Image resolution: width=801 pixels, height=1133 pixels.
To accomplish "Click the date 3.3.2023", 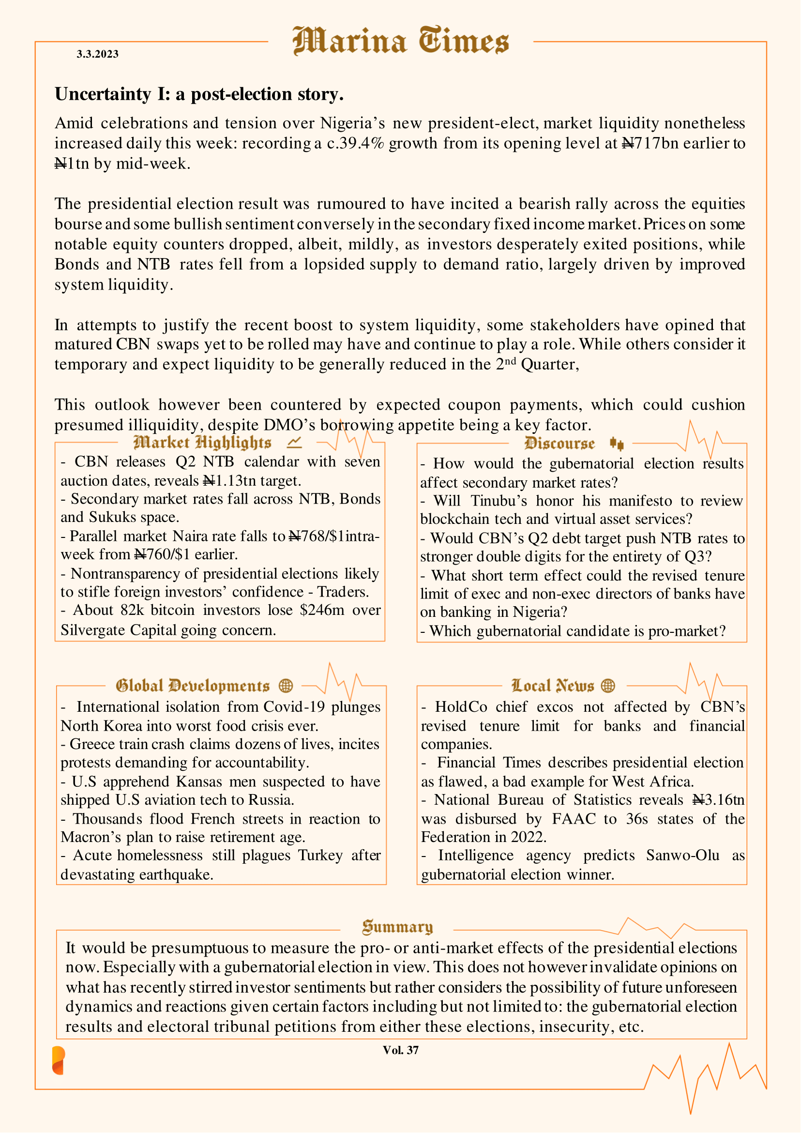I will (x=97, y=54).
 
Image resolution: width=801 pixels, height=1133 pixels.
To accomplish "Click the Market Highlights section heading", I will (x=202, y=443).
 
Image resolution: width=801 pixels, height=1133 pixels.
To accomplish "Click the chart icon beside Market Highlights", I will (x=294, y=443).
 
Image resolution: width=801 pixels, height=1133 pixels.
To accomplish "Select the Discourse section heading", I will (x=559, y=444).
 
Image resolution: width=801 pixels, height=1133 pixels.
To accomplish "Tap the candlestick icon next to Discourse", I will (x=617, y=444).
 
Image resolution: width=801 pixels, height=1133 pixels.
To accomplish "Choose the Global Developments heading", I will (x=192, y=686).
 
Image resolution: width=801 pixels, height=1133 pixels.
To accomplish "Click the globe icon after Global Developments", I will (x=286, y=686).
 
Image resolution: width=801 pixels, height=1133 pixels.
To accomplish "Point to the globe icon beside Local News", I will (x=608, y=686).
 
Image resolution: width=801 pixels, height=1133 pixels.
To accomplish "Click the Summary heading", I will (x=397, y=927).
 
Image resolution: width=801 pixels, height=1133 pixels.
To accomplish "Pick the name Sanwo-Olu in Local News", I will (x=682, y=855).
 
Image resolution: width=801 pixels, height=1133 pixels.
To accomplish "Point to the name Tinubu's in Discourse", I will (x=499, y=501).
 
